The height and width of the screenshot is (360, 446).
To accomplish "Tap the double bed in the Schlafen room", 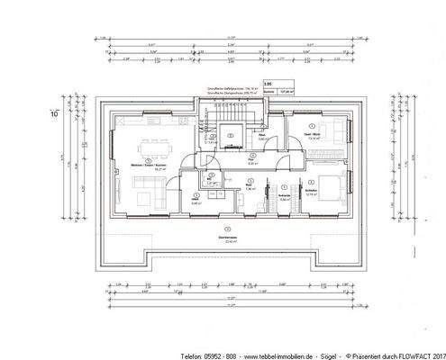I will click(325, 188).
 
